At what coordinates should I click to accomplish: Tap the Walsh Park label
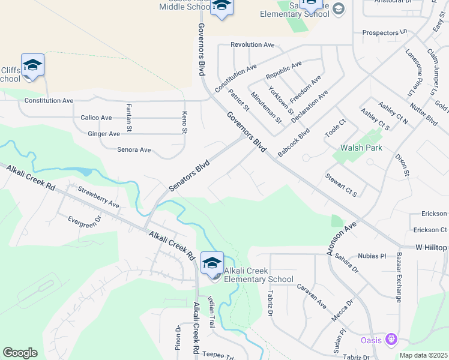[361, 148]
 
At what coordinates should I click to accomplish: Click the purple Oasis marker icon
[391, 340]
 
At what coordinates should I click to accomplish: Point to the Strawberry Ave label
[98, 196]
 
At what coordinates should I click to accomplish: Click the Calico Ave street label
[96, 118]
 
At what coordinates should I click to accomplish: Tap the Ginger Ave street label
[104, 134]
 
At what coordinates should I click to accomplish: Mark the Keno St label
[185, 122]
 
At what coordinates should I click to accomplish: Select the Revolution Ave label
[252, 44]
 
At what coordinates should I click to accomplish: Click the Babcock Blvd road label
[294, 142]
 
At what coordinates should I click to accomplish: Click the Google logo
[20, 353]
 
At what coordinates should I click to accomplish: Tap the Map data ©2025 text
[423, 355]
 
